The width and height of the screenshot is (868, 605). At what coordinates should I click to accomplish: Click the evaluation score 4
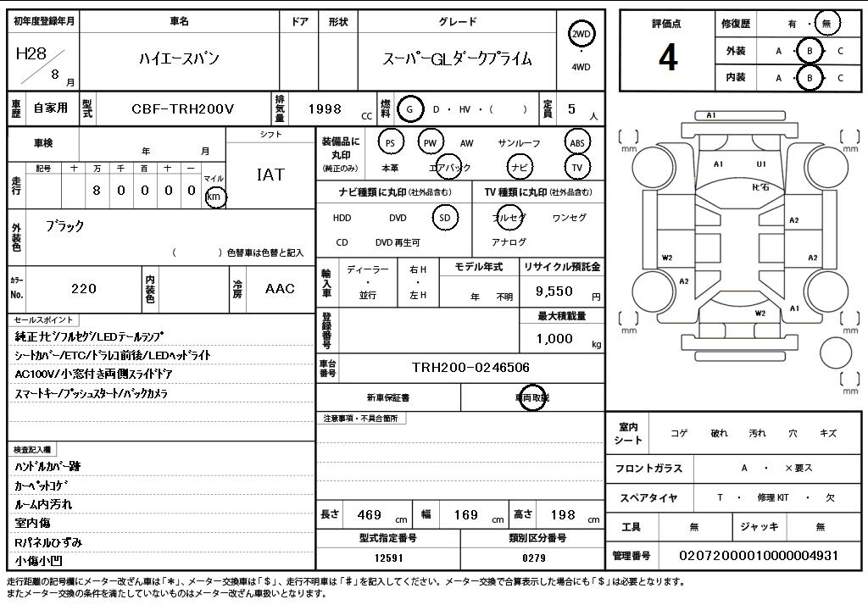click(x=668, y=57)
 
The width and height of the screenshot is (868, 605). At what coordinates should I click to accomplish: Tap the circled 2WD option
click(x=581, y=35)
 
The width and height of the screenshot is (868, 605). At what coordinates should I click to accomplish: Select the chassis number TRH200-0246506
click(x=470, y=367)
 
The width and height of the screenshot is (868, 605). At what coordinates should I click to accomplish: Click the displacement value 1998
click(x=325, y=108)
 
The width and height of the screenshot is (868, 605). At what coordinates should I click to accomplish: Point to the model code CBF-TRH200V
click(x=182, y=108)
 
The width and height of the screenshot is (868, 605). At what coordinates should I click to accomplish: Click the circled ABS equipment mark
click(x=577, y=143)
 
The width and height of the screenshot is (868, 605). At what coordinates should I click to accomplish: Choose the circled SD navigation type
click(x=444, y=218)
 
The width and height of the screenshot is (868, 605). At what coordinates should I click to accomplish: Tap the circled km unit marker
click(x=215, y=197)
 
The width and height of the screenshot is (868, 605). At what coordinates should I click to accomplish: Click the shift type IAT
click(x=270, y=175)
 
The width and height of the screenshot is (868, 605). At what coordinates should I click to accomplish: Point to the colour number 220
click(x=84, y=289)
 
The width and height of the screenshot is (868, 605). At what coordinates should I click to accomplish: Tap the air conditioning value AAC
click(x=280, y=289)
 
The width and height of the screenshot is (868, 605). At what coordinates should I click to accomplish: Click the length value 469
click(x=369, y=514)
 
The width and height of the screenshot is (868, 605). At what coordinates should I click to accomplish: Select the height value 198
click(x=562, y=514)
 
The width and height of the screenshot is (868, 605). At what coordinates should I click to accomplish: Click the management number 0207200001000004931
click(x=759, y=555)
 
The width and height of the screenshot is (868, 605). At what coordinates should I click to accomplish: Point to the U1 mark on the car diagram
click(x=761, y=164)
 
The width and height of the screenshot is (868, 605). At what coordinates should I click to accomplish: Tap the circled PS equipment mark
click(x=390, y=143)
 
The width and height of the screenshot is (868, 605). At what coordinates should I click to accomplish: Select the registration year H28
click(x=31, y=53)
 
